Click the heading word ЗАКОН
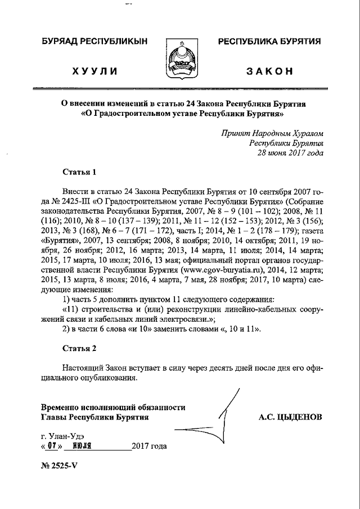(x=269, y=71)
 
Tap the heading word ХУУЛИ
(x=94, y=71)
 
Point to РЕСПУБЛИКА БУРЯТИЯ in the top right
(x=269, y=42)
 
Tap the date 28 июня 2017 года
(x=290, y=152)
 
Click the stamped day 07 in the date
(x=52, y=446)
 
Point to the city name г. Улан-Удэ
(x=63, y=435)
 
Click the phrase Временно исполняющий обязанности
(x=113, y=407)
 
